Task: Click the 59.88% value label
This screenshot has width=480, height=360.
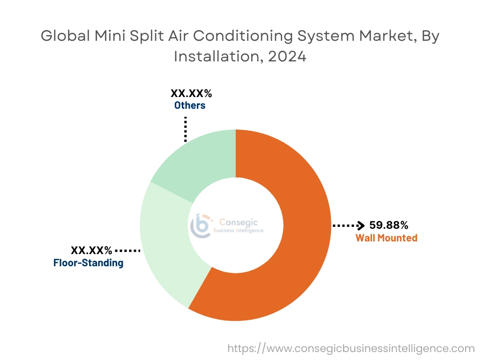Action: coord(389,225)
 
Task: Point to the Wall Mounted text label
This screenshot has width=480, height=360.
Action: coord(386,238)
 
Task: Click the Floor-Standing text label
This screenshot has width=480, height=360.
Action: coord(88,263)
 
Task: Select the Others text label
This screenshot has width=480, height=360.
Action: coord(190,105)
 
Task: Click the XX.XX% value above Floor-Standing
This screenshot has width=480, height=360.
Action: coord(91,250)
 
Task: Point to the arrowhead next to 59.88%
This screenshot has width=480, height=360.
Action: coord(361,225)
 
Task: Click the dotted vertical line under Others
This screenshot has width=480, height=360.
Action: coord(186,129)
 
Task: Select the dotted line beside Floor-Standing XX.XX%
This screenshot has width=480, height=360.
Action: coord(127,251)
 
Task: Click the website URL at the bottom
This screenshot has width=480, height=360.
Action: coord(351,348)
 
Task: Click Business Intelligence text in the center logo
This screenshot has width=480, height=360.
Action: coord(239,231)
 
